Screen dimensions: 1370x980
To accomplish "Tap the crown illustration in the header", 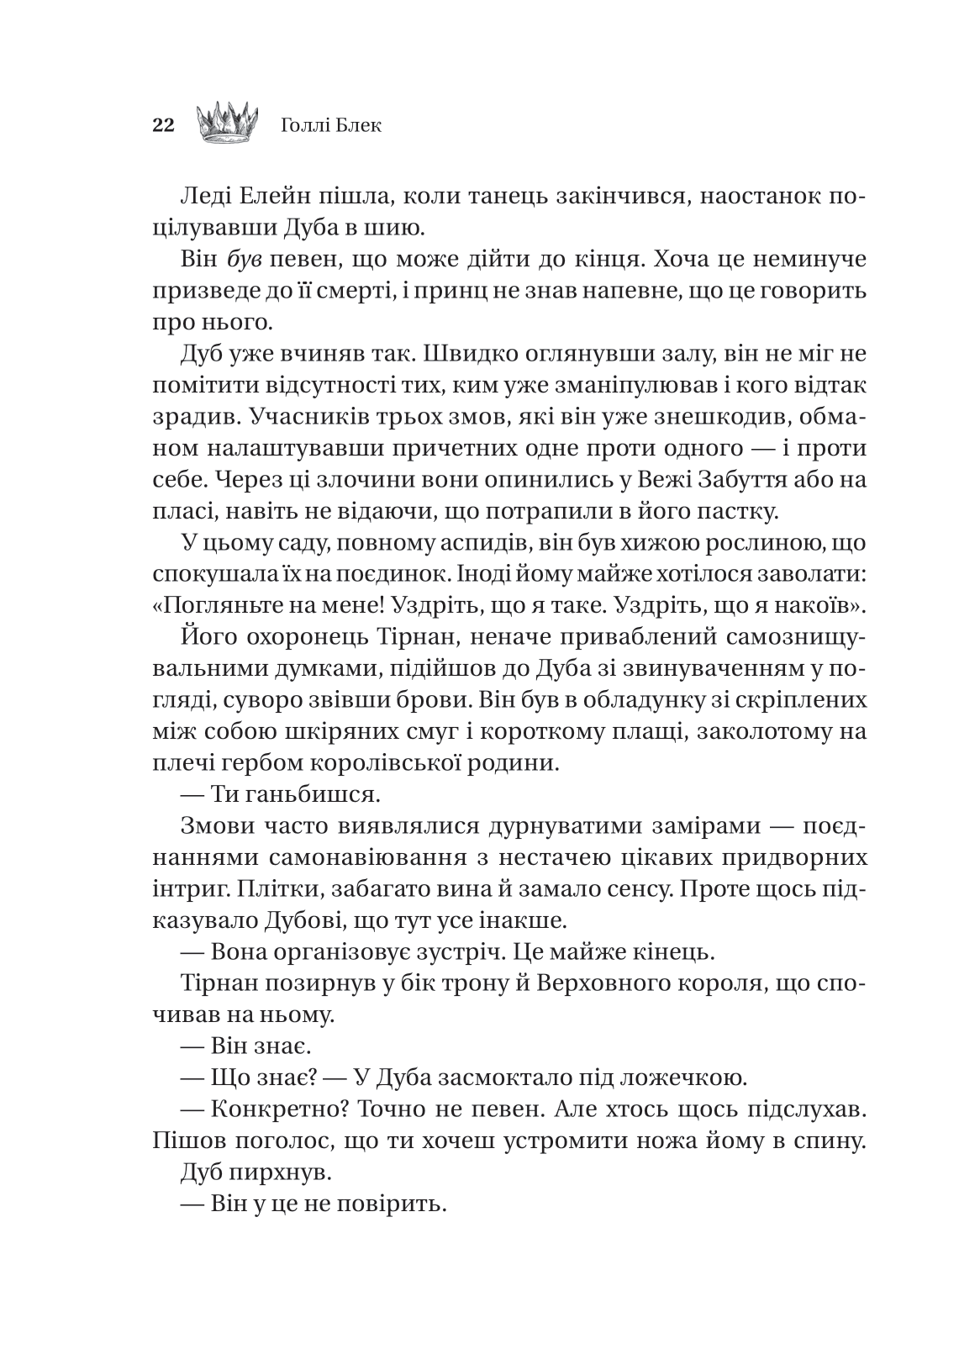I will tap(226, 121).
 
